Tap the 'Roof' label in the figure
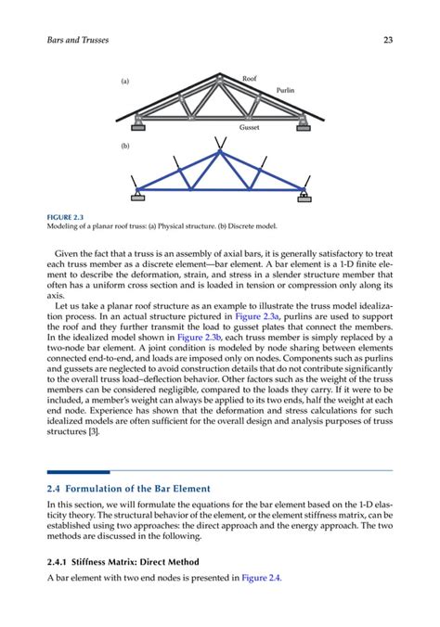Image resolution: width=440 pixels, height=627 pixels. pos(249,79)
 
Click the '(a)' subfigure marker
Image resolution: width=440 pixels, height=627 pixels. pos(125,83)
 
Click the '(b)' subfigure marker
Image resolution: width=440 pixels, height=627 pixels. pos(125,147)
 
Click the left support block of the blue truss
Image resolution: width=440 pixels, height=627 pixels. pos(137,196)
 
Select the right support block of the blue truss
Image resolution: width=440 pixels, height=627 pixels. pos(304,196)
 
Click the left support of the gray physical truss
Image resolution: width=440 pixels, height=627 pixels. pos(137,118)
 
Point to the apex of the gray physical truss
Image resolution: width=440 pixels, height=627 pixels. pos(220,78)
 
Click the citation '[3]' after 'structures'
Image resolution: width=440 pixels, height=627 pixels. pos(95,432)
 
